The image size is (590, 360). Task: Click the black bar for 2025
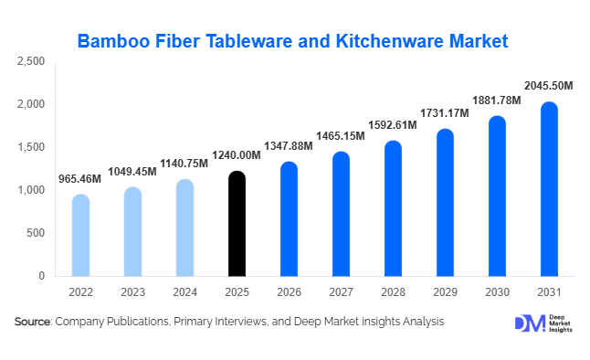click(237, 224)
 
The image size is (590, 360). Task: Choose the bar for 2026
click(289, 219)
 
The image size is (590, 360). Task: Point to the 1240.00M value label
click(237, 155)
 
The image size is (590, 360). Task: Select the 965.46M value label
click(80, 178)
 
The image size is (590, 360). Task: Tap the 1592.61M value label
click(393, 125)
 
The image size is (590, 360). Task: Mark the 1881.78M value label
click(496, 100)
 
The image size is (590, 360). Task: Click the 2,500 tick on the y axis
click(31, 61)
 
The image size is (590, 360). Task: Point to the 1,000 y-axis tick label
click(31, 190)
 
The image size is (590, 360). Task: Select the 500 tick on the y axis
click(35, 233)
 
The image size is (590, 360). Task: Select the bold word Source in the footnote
click(33, 323)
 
